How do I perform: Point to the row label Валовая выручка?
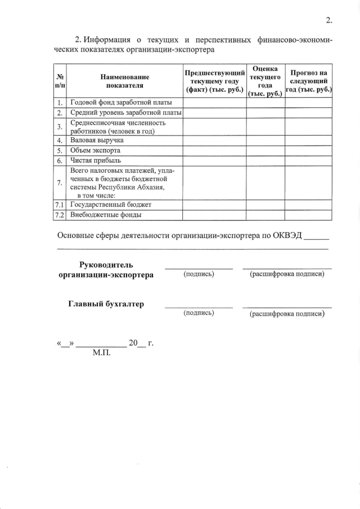click(x=96, y=140)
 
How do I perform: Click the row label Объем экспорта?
click(x=95, y=150)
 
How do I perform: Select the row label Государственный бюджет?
click(x=110, y=204)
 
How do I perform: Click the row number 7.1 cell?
click(x=60, y=204)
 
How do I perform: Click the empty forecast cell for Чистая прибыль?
click(x=308, y=161)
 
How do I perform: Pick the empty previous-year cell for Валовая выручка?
click(x=214, y=140)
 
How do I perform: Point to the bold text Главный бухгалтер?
click(x=106, y=304)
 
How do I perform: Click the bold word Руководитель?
click(x=106, y=264)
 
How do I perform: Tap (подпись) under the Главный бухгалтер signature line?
click(x=199, y=313)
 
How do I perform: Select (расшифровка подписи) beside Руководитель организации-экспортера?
click(x=287, y=274)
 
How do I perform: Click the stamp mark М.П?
click(x=101, y=354)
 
